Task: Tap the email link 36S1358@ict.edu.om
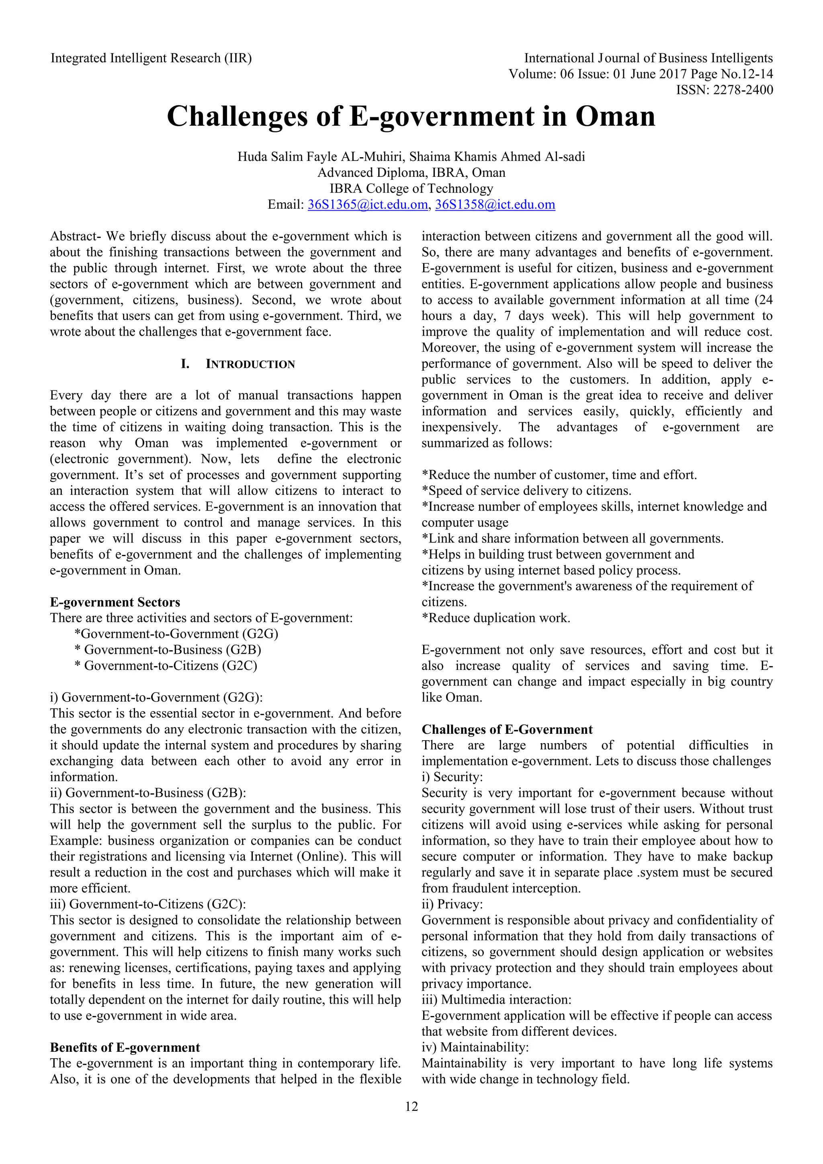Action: [x=495, y=204]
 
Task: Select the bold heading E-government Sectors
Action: [x=115, y=602]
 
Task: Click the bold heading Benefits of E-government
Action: [x=125, y=1047]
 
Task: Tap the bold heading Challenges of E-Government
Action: [x=507, y=729]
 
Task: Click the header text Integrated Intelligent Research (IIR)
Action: [x=151, y=58]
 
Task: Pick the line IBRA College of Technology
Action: [x=411, y=189]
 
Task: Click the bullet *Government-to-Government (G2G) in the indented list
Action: [x=176, y=634]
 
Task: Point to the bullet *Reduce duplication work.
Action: [x=496, y=618]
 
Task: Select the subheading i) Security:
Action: [x=452, y=777]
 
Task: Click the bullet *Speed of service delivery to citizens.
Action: [x=526, y=491]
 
